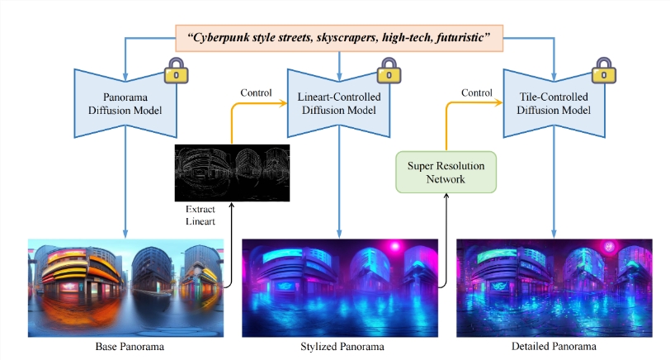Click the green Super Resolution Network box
click(x=446, y=172)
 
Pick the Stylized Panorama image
click(x=339, y=287)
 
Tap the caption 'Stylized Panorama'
click(x=339, y=346)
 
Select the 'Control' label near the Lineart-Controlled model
click(x=257, y=92)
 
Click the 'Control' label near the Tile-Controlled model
click(x=472, y=92)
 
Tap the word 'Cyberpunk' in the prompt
click(x=224, y=36)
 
